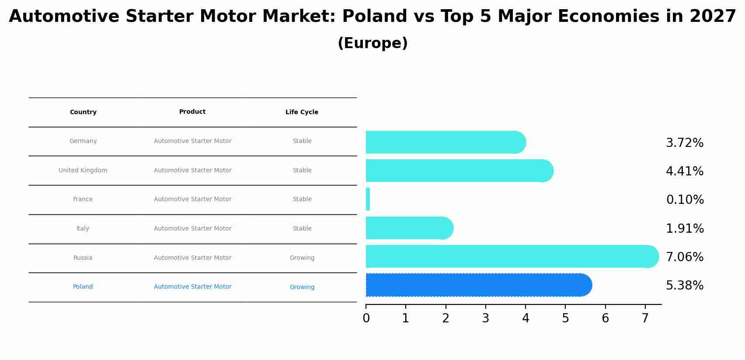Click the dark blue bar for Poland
pos(477,285)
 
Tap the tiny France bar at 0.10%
pos(368,199)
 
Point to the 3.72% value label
pos(684,143)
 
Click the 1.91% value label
pos(684,229)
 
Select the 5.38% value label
pos(684,286)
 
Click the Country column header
pos(83,112)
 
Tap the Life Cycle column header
pos(302,112)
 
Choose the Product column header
pos(192,112)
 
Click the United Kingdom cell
pos(83,171)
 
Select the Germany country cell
pos(83,141)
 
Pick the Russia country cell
pos(83,258)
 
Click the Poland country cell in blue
pos(83,287)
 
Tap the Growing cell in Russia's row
pos(302,258)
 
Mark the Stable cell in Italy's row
pos(302,229)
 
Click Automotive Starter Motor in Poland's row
pos(192,287)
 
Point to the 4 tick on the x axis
pos(526,318)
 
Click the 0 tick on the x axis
pos(366,318)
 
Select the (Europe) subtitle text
pos(372,43)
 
